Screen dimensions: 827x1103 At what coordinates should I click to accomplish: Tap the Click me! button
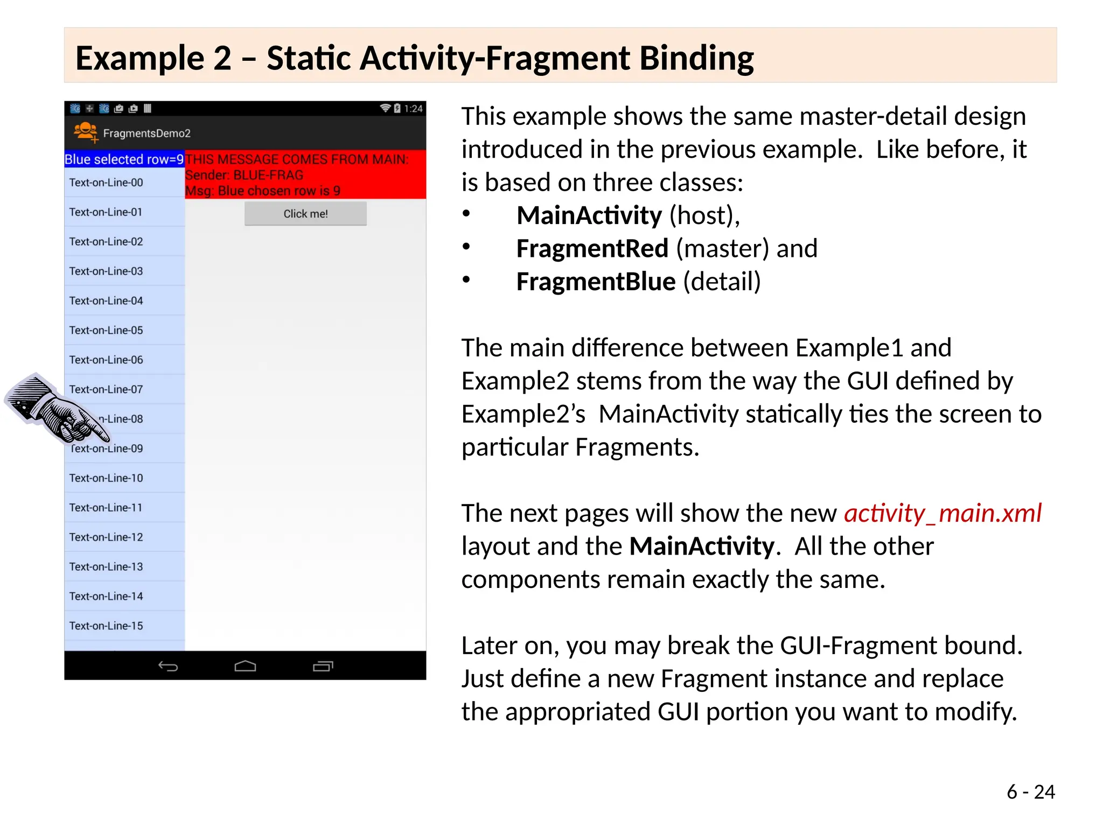coord(305,214)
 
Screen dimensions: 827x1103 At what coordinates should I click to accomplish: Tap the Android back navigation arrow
coord(168,667)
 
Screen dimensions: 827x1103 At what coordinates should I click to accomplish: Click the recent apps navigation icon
coord(323,667)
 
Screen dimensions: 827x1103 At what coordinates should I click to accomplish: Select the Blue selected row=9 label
coord(124,159)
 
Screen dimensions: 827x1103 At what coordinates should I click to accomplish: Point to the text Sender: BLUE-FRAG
coord(244,175)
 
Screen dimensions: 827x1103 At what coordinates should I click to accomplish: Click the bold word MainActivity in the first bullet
coord(589,215)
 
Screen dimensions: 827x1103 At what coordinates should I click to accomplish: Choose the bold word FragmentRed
coord(592,249)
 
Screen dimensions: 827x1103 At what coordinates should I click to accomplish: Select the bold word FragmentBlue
coord(595,282)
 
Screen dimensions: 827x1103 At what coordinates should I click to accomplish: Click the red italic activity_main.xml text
coord(943,513)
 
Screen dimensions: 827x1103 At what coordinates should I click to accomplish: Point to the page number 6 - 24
coord(1030,791)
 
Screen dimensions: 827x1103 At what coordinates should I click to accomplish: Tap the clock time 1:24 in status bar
coord(413,108)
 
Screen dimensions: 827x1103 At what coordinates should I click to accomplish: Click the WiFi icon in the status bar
coord(385,108)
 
